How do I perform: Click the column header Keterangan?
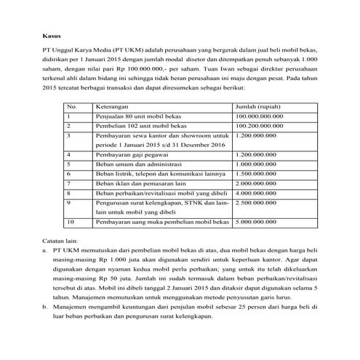pos(113,106)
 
